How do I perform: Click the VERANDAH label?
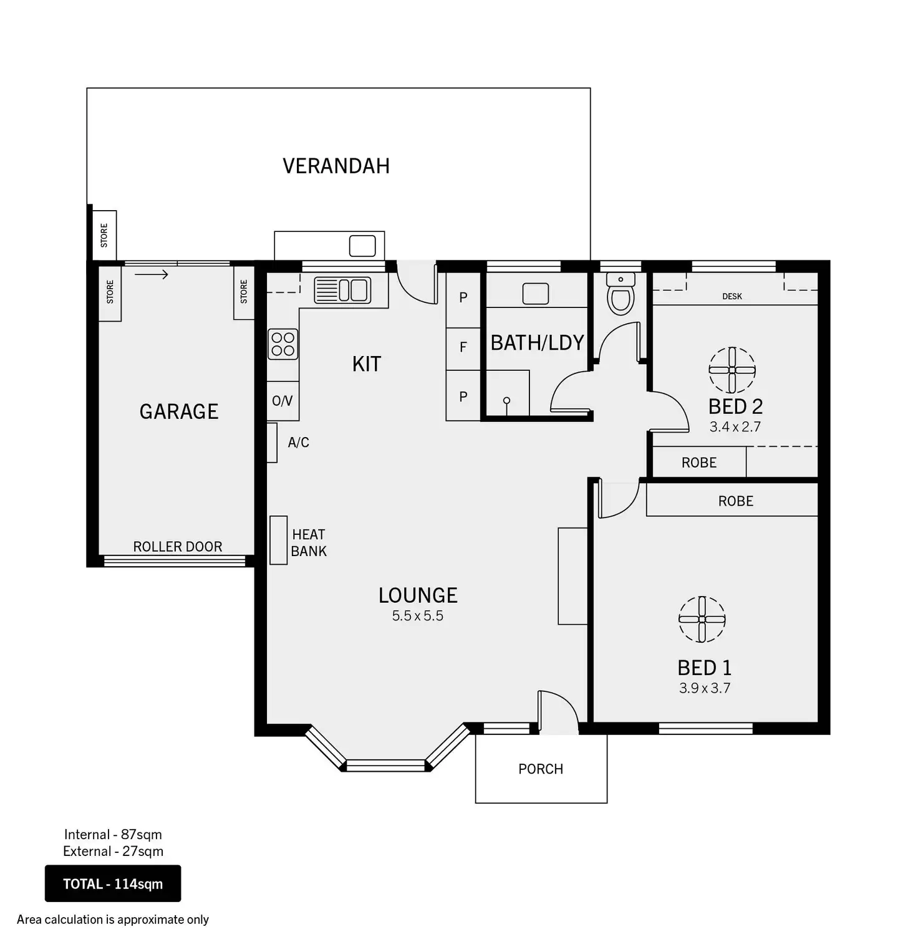(x=336, y=166)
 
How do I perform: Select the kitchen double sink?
(x=343, y=291)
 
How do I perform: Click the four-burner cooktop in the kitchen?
(x=283, y=344)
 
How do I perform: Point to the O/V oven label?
(x=282, y=401)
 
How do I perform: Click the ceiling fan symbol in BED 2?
(x=732, y=370)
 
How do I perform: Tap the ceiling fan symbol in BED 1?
(x=702, y=619)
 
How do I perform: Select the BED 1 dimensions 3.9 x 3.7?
(x=705, y=688)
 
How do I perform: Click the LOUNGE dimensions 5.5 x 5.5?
(x=417, y=616)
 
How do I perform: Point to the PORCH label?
(x=541, y=769)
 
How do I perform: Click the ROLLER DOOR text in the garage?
(x=178, y=547)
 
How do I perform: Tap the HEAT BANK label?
(x=308, y=542)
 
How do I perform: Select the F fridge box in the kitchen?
(x=463, y=347)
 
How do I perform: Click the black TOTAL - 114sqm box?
(x=113, y=883)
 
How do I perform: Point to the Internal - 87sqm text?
(x=113, y=834)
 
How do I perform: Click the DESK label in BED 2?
(x=732, y=296)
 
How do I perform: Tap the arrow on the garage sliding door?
(x=152, y=274)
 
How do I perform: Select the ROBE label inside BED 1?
(x=735, y=501)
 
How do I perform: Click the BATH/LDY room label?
(x=537, y=343)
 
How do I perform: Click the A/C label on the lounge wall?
(x=298, y=443)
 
